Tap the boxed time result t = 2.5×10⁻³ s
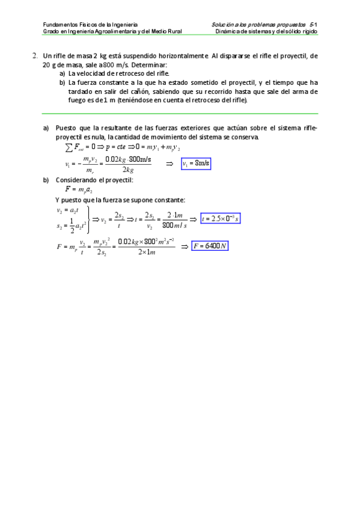click(x=221, y=218)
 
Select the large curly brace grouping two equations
click(x=89, y=218)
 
